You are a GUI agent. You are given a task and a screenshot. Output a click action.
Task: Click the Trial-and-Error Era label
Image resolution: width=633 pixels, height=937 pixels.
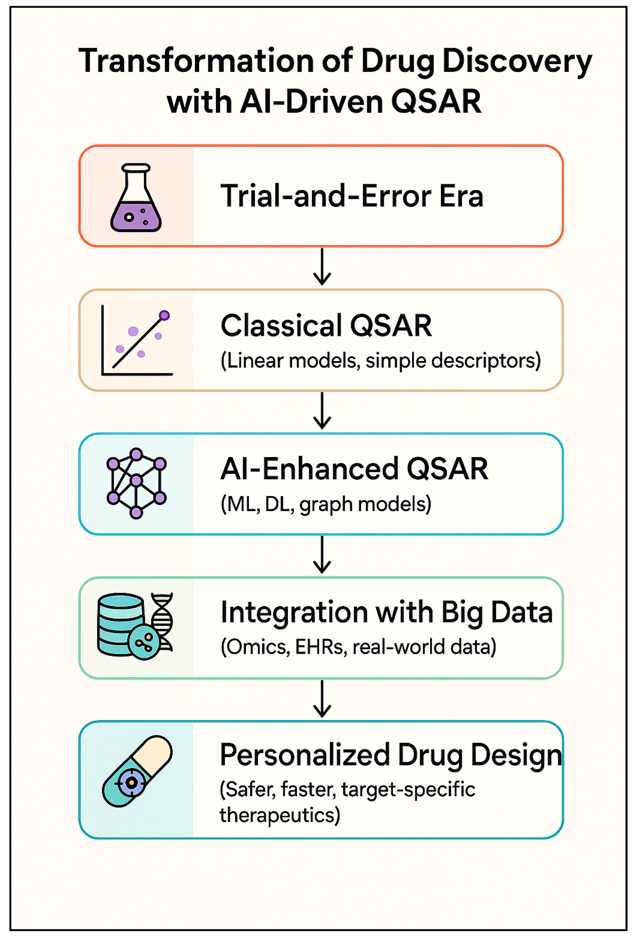tap(352, 196)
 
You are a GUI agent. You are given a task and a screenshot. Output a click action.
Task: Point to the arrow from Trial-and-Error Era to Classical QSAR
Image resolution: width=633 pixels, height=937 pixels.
tap(322, 267)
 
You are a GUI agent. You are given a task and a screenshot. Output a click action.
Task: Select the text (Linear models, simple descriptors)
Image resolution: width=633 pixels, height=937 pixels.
tap(380, 360)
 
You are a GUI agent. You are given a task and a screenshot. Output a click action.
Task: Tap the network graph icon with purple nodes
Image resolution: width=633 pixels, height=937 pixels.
tap(136, 483)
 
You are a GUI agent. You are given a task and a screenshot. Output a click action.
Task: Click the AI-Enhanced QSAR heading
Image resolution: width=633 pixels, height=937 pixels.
tap(354, 469)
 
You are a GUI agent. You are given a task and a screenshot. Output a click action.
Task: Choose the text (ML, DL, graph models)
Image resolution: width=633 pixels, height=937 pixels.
tap(326, 504)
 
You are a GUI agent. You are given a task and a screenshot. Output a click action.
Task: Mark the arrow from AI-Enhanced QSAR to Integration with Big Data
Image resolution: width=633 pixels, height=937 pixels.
tap(322, 554)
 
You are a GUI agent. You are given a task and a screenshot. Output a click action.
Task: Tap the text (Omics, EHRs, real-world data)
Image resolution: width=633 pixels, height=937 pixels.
tap(358, 647)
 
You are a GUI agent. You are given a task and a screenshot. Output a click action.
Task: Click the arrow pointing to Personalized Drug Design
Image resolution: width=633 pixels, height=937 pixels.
tap(322, 699)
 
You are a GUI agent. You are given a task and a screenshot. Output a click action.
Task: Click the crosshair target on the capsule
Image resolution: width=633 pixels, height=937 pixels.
tap(131, 782)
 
